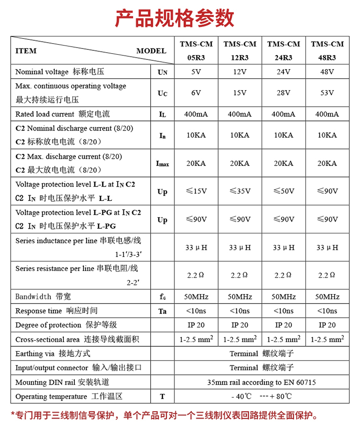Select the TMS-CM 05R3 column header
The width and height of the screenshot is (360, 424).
[196, 50]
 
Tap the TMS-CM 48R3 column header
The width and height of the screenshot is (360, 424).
[327, 50]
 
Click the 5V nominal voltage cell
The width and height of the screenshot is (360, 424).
[196, 72]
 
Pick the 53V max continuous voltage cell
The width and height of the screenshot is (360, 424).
[327, 93]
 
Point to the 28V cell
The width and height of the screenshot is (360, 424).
[283, 93]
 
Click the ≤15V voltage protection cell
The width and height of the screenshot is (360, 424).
[196, 191]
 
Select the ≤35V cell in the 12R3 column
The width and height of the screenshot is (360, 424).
[240, 191]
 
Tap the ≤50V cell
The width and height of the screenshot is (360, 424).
[283, 191]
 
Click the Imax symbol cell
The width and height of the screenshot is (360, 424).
[162, 164]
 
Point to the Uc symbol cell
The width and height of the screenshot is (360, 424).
[162, 93]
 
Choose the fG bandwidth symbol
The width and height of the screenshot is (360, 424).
[162, 297]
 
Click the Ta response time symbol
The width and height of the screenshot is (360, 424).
[162, 311]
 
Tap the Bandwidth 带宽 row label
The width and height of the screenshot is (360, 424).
[43, 297]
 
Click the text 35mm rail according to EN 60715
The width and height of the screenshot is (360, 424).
[262, 382]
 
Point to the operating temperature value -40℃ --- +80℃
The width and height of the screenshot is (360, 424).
[262, 397]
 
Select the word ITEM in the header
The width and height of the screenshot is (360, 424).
[26, 51]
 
